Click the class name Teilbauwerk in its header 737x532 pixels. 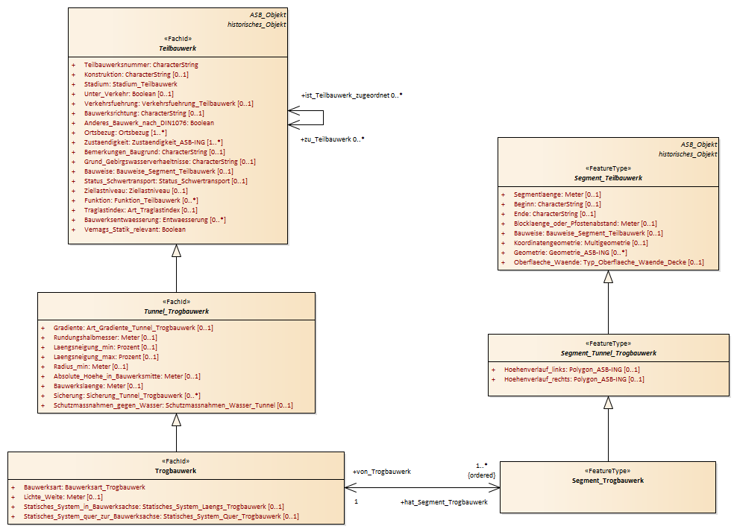[178, 48]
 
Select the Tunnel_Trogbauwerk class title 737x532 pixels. [176, 311]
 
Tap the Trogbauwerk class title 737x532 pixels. [176, 471]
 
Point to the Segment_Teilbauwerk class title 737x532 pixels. [608, 178]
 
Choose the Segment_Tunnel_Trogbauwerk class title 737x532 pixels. [608, 353]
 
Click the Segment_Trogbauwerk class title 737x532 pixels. [608, 481]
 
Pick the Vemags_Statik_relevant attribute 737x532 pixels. [135, 229]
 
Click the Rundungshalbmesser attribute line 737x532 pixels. [105, 338]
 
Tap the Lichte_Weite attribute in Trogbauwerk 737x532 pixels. [63, 497]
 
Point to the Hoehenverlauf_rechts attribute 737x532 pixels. [574, 379]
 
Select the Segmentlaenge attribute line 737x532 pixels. [557, 194]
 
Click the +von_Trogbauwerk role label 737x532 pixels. [382, 472]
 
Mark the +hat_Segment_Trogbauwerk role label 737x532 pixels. [444, 502]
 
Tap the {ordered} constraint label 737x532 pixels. [481, 475]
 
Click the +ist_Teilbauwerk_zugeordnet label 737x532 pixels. [345, 95]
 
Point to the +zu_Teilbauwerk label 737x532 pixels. [326, 139]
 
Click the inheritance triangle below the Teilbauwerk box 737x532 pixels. [176, 251]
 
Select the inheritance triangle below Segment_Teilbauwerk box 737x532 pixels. [608, 277]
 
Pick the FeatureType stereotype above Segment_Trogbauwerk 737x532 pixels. [608, 471]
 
